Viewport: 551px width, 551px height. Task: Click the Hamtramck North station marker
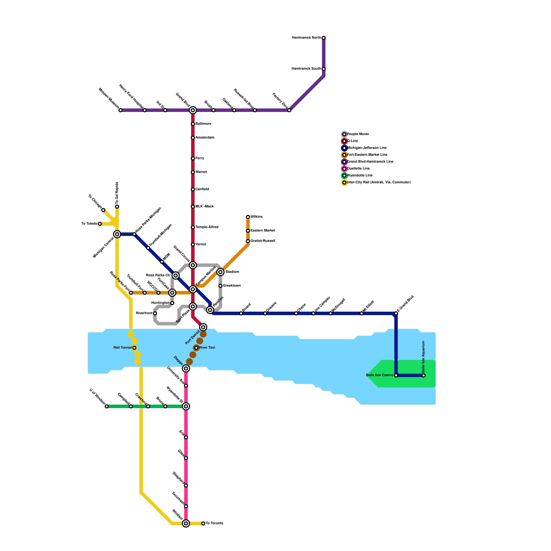click(x=324, y=38)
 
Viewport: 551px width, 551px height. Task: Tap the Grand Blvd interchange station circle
click(x=193, y=110)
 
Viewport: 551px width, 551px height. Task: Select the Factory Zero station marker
click(x=289, y=110)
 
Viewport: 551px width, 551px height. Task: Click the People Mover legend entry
click(x=358, y=134)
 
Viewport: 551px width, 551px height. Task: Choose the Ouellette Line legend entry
click(x=358, y=169)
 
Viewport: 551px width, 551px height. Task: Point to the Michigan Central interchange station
click(x=117, y=234)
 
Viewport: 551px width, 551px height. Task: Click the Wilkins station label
click(x=257, y=217)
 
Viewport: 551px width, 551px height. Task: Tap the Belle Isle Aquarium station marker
click(x=424, y=375)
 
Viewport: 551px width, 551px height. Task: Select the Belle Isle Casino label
click(x=380, y=375)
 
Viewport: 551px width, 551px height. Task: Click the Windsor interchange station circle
click(x=186, y=523)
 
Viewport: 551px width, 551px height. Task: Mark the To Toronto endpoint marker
click(x=203, y=523)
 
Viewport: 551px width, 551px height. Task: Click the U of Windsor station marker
click(x=107, y=406)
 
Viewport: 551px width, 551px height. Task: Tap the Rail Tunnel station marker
click(x=134, y=348)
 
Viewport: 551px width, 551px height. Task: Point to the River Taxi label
click(x=207, y=348)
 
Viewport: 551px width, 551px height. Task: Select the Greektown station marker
click(x=220, y=286)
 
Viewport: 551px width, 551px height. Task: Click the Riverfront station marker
click(x=155, y=313)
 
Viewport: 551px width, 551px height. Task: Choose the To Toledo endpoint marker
click(x=100, y=224)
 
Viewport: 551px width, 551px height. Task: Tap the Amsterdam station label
click(x=205, y=138)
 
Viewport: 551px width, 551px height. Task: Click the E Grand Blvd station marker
click(x=396, y=313)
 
